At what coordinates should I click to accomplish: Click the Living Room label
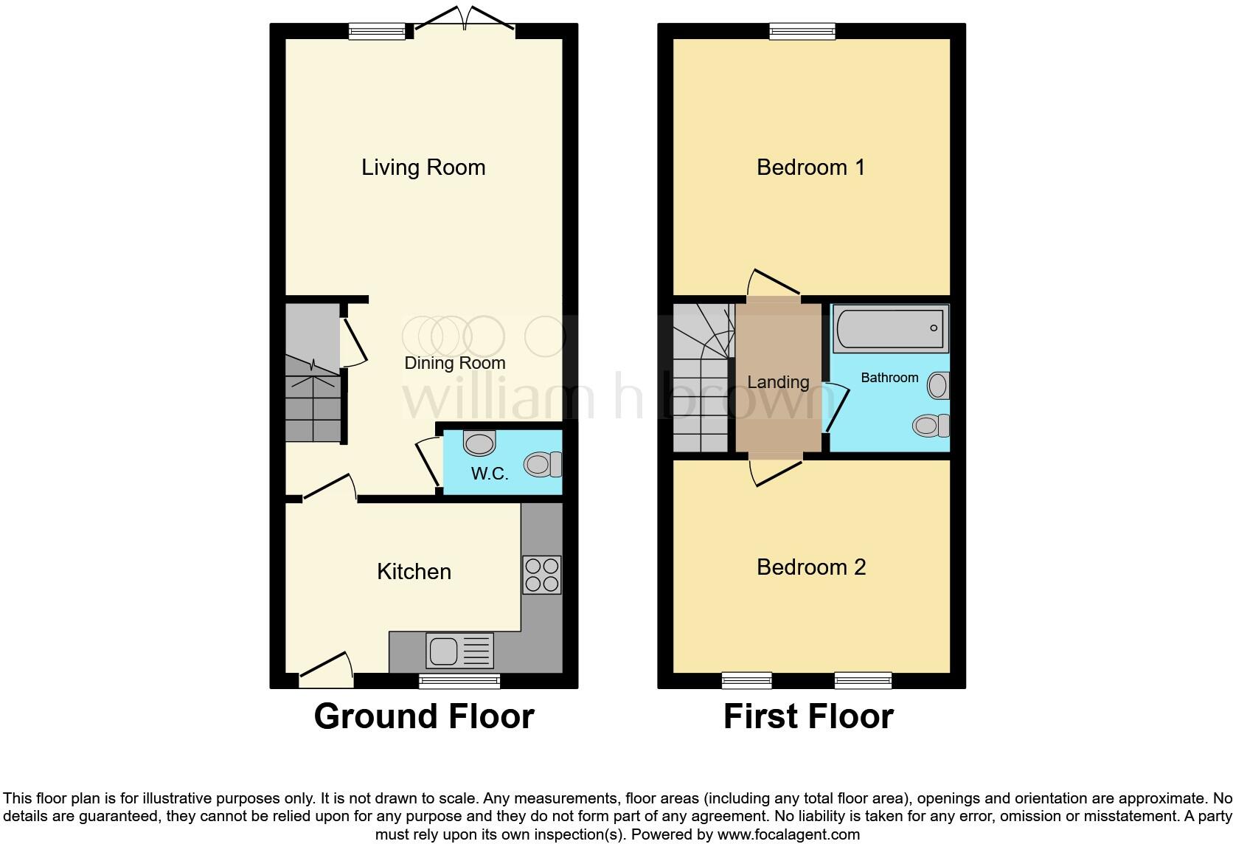pos(423,167)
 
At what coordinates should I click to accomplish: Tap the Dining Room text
pos(454,363)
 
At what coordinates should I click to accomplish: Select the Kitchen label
pos(414,572)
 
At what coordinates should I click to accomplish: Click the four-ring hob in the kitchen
pos(542,575)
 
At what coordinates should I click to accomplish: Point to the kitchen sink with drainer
pos(459,651)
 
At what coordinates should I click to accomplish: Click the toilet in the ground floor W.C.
pos(543,464)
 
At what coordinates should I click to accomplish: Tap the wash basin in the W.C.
pos(479,443)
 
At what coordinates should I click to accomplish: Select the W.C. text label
pos(490,474)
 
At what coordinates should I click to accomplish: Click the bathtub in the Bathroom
pos(890,328)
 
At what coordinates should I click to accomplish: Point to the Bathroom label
pos(889,378)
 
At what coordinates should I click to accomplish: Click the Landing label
pos(778,382)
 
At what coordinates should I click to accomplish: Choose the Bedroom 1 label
pos(810,167)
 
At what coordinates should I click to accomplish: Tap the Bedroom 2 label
pos(811,567)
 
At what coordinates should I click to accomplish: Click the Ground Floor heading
pos(424,716)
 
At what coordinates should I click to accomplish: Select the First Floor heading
pos(808,716)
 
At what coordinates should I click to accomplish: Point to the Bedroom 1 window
pos(802,30)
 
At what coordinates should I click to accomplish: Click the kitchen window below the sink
pos(459,681)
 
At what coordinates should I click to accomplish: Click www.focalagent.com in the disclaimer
pos(788,835)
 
